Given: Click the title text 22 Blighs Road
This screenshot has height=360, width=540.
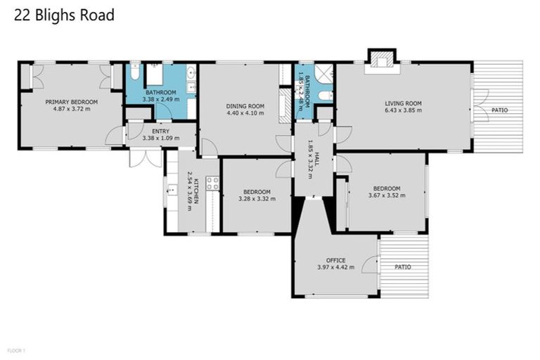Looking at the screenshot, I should click(64, 15).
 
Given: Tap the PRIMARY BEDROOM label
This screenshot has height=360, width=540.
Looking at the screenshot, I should click(72, 102).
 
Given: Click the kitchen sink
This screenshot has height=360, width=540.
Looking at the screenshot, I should click(171, 189).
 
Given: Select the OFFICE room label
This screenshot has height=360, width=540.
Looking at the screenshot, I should click(335, 260).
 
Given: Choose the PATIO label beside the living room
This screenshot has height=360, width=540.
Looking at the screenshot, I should click(499, 110).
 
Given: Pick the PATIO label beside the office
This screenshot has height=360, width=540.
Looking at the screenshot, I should click(403, 267).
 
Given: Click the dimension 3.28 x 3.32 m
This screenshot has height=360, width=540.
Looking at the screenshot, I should click(257, 199).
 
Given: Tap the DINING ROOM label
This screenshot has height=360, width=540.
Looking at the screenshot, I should click(245, 106).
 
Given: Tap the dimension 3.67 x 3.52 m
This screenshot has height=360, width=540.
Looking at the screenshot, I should click(386, 196).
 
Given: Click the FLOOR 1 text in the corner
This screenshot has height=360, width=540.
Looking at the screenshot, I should click(16, 349).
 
